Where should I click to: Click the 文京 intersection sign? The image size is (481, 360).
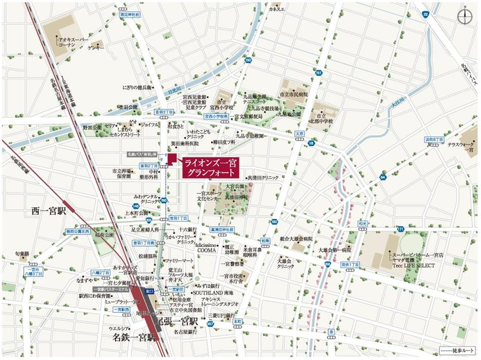pos(299,134)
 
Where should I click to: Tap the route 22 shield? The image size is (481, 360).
pos(425,15)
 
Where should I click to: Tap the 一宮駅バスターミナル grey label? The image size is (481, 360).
pos(111,289)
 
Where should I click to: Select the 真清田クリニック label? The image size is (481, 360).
pos(262,178)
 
